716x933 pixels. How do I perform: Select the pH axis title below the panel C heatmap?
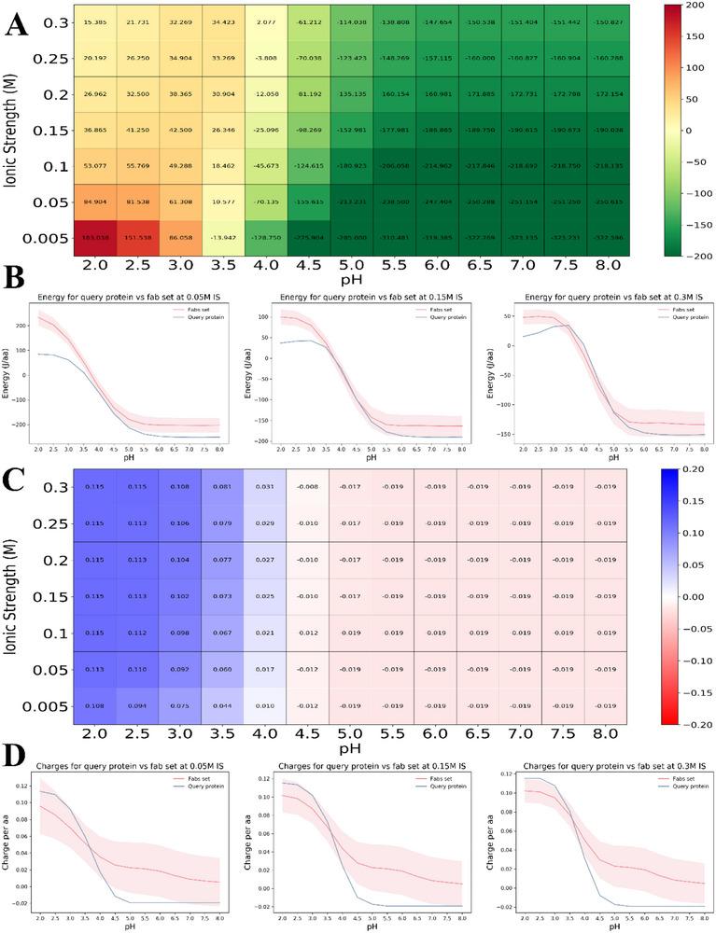[x=350, y=747]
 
